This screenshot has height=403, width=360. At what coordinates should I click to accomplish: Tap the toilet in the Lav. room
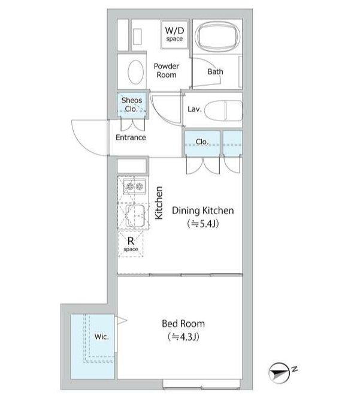pos(224,110)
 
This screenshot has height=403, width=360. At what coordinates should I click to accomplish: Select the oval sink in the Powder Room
pos(135,72)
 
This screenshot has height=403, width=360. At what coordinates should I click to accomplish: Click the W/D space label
pos(174,34)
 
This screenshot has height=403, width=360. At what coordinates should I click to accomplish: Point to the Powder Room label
pos(167,70)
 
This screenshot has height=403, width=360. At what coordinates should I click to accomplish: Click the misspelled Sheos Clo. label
pos(131,104)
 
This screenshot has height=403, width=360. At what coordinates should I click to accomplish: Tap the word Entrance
pos(131,137)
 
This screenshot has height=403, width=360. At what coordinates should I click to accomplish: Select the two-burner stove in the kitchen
pos(134,187)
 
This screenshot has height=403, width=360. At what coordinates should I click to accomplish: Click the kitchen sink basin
pos(135,216)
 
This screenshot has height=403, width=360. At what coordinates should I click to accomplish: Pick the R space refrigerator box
pos(131,244)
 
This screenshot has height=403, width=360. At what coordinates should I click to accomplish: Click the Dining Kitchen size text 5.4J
pos(203,224)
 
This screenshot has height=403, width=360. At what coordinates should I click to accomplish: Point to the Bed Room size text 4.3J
pos(183,336)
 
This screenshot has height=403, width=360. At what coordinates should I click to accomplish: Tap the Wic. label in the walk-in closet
pos(101,336)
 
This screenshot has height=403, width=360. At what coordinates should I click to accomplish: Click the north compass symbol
pos(279,373)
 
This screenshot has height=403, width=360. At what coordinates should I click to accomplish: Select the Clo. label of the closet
pos(202,142)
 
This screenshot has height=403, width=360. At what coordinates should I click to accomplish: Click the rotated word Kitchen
pos(159,203)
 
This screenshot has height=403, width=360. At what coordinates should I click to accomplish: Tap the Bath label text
pos(215,71)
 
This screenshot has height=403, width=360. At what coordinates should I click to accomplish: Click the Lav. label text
pos(195,109)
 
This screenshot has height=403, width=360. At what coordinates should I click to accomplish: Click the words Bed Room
pos(183,324)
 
